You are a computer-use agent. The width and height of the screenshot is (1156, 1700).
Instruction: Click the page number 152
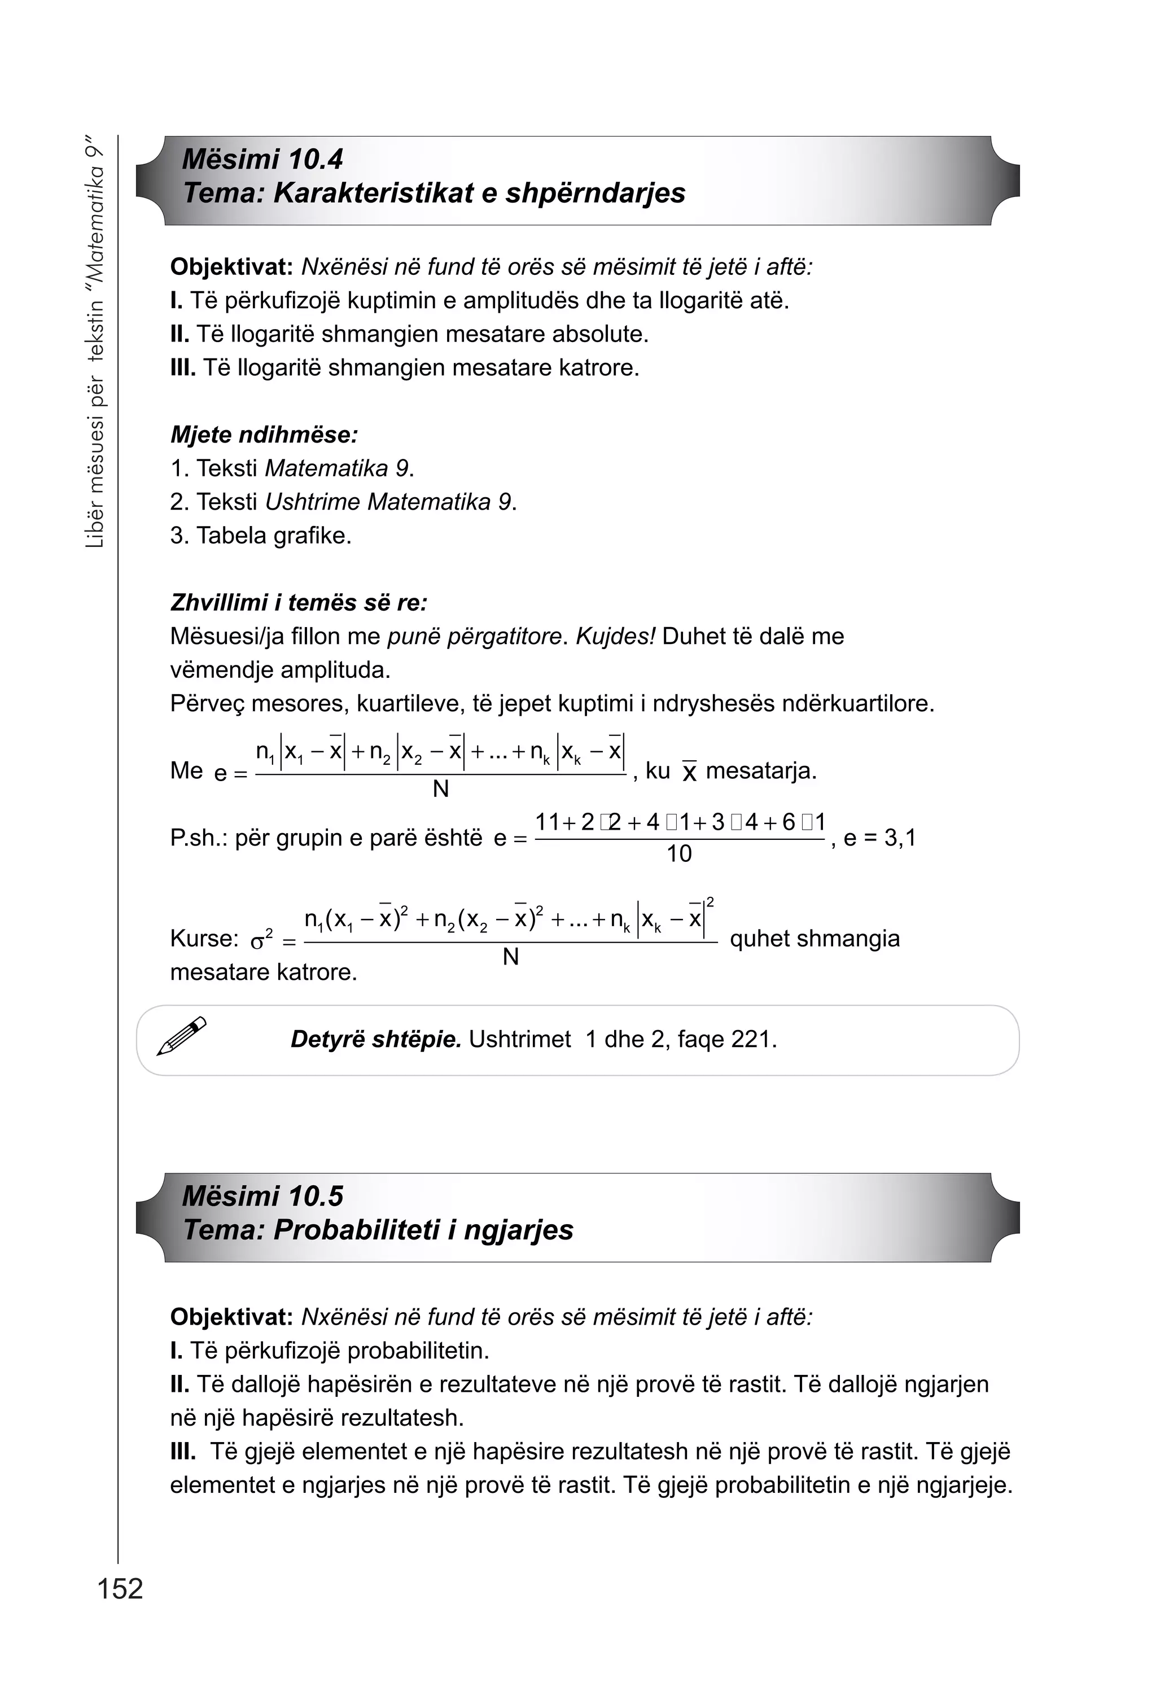coord(120,1589)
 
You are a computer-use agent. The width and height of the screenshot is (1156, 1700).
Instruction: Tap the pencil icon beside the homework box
coord(181,1036)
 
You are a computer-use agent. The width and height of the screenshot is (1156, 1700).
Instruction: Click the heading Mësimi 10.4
coord(262,160)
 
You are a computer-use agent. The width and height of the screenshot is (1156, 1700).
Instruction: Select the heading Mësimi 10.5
coord(262,1196)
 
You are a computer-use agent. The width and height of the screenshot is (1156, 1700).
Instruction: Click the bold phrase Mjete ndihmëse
coord(264,435)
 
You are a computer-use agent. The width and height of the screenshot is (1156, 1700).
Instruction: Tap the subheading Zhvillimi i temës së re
coord(299,603)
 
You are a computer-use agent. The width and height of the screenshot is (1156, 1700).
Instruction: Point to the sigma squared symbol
coord(261,939)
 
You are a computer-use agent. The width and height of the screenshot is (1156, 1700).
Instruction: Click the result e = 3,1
coord(879,838)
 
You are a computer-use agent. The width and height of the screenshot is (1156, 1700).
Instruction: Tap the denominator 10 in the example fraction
coord(678,853)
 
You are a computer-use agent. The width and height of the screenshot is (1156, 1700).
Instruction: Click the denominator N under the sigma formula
coord(511,958)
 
